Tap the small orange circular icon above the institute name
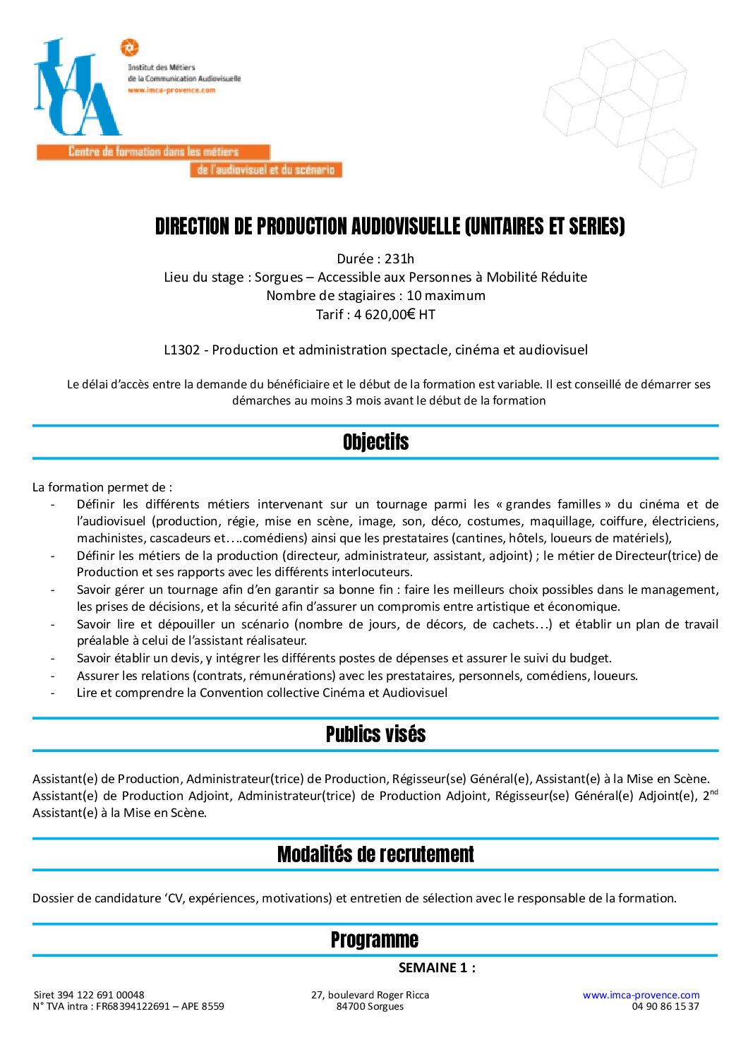[129, 48]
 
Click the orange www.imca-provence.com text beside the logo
[171, 90]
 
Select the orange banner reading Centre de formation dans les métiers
[153, 152]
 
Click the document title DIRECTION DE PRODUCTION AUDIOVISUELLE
[390, 227]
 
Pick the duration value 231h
[399, 258]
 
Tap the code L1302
[181, 350]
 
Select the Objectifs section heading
[375, 443]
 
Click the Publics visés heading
[375, 734]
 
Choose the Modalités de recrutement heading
[375, 854]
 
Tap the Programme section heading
[375, 940]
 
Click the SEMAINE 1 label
[437, 968]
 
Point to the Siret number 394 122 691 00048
[102, 995]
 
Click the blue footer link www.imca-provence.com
[641, 995]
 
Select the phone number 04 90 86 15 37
[665, 1006]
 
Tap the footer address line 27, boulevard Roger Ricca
[370, 995]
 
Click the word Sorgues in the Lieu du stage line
[279, 277]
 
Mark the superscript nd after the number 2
[714, 792]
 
